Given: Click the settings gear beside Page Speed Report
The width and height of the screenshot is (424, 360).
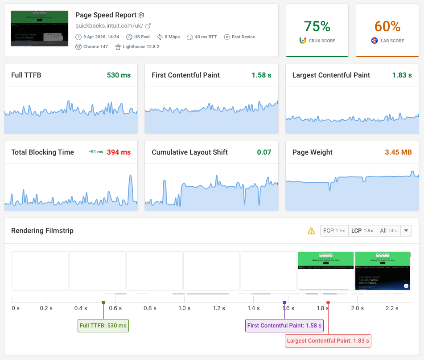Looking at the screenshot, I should (x=141, y=15).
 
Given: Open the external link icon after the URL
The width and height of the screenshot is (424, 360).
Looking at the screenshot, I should (x=148, y=26).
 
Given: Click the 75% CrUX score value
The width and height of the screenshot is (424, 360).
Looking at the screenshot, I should (x=317, y=26).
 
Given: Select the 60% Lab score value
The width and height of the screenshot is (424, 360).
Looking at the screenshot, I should (x=387, y=26).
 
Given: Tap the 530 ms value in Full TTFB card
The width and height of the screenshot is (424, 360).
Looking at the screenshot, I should (x=119, y=75).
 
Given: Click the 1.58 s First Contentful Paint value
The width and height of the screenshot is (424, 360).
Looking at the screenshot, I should (x=261, y=75).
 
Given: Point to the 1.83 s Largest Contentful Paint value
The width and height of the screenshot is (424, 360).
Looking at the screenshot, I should (x=402, y=75).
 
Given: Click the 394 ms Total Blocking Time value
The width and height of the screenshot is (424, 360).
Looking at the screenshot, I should (x=119, y=152).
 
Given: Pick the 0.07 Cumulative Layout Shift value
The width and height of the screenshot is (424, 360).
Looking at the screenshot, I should (x=264, y=152).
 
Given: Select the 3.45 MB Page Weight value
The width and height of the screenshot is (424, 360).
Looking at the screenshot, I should (x=398, y=152).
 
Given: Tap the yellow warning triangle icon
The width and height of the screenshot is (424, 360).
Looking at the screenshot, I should (x=311, y=231).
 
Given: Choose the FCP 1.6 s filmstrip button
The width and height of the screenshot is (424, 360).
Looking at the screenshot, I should (x=334, y=231).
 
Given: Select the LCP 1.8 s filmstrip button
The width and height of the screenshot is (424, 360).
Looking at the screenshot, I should (x=362, y=231).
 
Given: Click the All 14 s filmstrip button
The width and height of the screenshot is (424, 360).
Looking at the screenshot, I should (x=388, y=231).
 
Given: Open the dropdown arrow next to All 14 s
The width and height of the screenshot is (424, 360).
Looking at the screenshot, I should (x=406, y=231).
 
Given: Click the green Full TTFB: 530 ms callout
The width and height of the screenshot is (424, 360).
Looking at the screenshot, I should (x=103, y=326).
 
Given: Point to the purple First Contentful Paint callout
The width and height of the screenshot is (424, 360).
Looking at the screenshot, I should (x=284, y=326).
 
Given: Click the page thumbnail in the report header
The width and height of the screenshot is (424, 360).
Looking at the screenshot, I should (x=40, y=29).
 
